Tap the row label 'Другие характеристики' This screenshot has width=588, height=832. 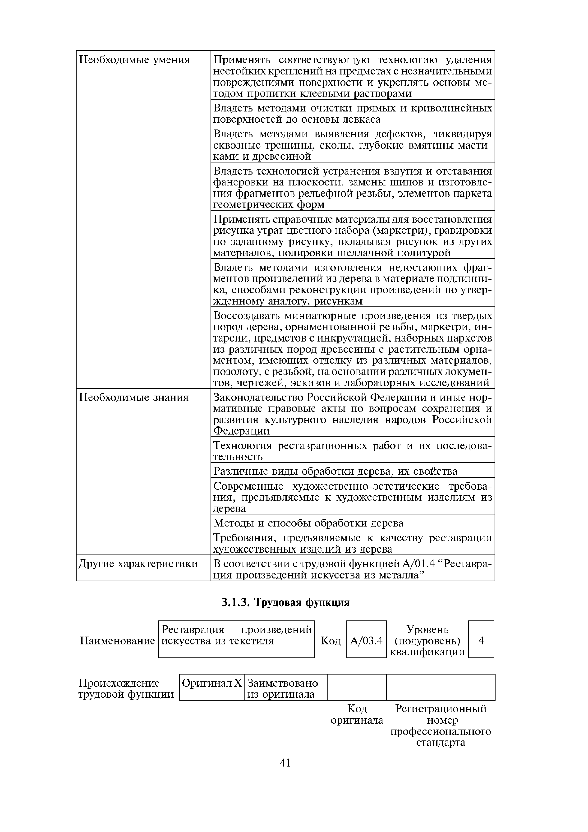pyautogui.click(x=138, y=564)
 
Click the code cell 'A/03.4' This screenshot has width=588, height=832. pyautogui.click(x=366, y=641)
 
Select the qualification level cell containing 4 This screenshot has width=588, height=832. pyautogui.click(x=481, y=641)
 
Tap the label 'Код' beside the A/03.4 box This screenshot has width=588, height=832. pyautogui.click(x=331, y=641)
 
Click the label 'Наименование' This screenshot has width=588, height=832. pyautogui.click(x=117, y=641)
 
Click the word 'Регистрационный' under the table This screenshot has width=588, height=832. pyautogui.click(x=441, y=709)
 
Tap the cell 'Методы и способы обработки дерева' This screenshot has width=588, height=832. pyautogui.click(x=308, y=523)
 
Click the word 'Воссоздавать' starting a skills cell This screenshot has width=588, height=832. pyautogui.click(x=246, y=316)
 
